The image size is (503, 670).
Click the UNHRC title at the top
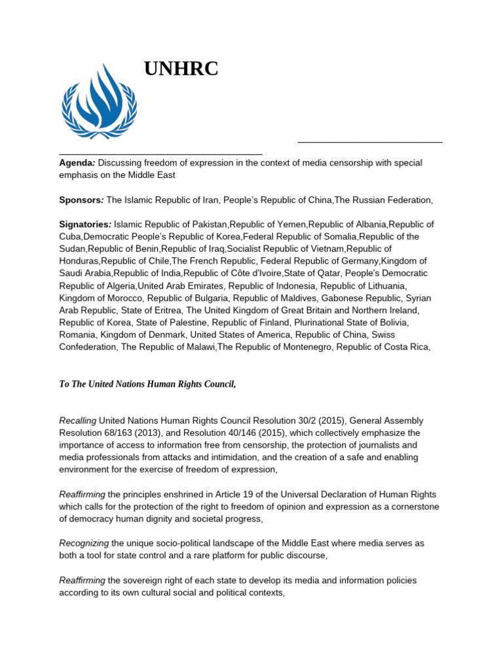pyautogui.click(x=181, y=69)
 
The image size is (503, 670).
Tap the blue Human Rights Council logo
pyautogui.click(x=99, y=101)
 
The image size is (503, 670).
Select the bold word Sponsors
pyautogui.click(x=81, y=200)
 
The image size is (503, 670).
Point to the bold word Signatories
pyautogui.click(x=85, y=224)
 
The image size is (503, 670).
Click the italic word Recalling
pyautogui.click(x=78, y=421)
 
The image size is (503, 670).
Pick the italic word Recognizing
pyautogui.click(x=84, y=544)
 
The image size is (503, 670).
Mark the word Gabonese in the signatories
pyautogui.click(x=343, y=298)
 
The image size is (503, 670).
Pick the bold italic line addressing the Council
pyautogui.click(x=147, y=384)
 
